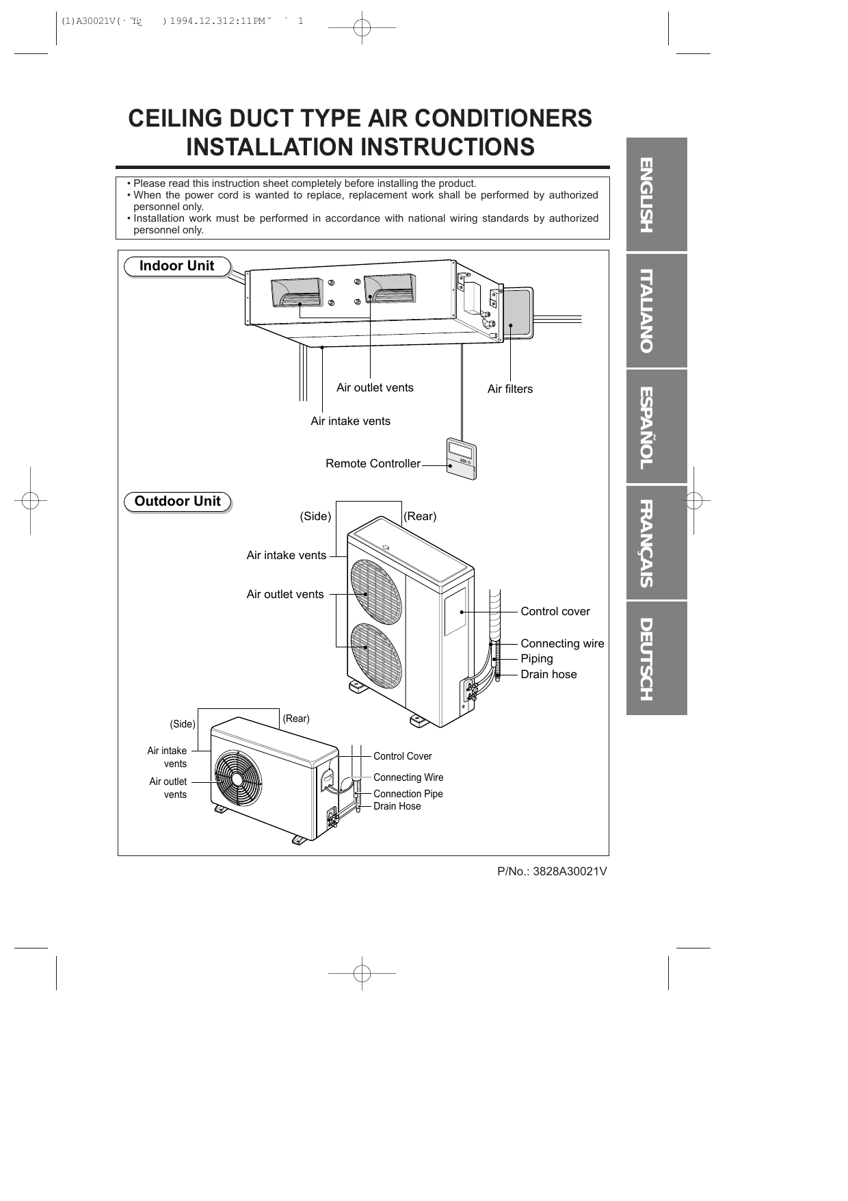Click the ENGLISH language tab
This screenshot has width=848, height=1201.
point(655,195)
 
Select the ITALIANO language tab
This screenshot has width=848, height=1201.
point(655,311)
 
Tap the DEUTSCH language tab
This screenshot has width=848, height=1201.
point(655,658)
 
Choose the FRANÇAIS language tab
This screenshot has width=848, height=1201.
point(655,543)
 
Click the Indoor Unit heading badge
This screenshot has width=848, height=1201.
point(176,266)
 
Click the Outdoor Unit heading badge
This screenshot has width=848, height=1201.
point(177,502)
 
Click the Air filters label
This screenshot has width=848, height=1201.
point(509,389)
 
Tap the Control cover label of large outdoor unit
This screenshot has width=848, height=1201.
point(555,611)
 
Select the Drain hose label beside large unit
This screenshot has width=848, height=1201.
point(548,674)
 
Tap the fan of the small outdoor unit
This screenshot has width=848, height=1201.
point(237,778)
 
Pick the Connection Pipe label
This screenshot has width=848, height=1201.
point(408,794)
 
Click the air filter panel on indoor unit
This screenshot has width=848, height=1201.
point(518,312)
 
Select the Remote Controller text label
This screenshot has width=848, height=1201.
point(373,464)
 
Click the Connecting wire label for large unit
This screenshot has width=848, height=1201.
point(562,643)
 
